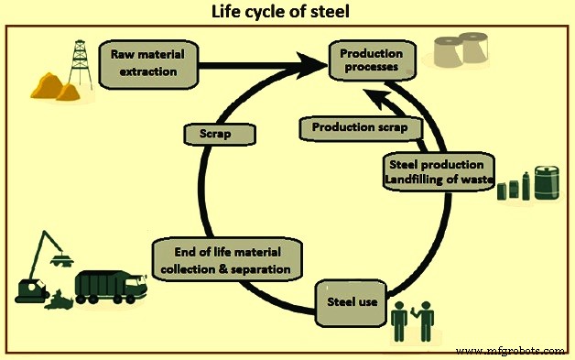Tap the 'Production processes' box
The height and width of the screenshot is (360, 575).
(x=372, y=61)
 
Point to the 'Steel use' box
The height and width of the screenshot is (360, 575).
(x=353, y=300)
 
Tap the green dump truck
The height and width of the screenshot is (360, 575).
(x=107, y=288)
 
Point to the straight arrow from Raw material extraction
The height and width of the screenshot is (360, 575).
(x=256, y=65)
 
